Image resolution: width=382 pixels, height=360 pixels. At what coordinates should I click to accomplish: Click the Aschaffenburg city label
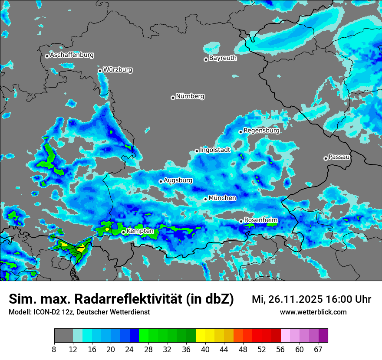[72, 55]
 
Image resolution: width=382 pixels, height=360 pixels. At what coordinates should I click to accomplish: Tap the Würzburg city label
[118, 70]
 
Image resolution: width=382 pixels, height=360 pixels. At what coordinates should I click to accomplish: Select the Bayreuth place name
[223, 58]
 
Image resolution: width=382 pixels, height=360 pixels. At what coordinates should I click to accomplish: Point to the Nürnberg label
[190, 96]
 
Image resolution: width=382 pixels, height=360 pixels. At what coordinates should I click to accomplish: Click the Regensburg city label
[261, 131]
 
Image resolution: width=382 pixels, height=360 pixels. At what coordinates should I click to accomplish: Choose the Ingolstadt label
[215, 150]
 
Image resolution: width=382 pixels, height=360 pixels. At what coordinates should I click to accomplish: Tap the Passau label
[339, 157]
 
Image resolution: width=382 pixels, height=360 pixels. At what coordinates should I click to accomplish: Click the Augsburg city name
[178, 180]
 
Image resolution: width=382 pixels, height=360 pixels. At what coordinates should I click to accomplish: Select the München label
[222, 198]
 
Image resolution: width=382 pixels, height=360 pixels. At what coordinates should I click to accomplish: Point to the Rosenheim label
[260, 220]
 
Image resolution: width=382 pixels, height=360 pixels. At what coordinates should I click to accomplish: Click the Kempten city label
[140, 231]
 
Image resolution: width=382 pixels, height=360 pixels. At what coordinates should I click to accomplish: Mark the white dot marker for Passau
[326, 158]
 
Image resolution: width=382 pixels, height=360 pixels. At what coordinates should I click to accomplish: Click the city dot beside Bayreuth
[206, 59]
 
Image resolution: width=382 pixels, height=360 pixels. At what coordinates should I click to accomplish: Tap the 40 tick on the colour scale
[205, 350]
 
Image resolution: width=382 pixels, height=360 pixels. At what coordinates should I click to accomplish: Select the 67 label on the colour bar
[318, 350]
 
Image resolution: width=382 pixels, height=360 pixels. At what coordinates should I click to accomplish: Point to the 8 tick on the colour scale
[54, 350]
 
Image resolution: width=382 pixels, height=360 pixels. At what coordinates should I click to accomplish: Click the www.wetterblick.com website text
[313, 312]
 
